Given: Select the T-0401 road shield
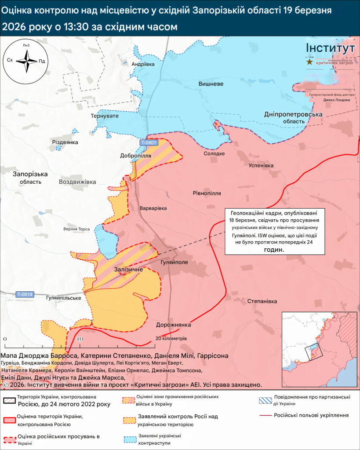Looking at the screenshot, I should tap(149, 143).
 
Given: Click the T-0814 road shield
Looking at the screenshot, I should tap(25, 294).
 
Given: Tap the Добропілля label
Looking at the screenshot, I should tap(136, 156).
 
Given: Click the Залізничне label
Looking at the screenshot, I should tap(128, 269).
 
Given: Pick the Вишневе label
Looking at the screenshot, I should tap(211, 84).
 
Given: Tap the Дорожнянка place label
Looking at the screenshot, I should tap(173, 325).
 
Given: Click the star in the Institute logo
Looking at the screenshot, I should tap(310, 62).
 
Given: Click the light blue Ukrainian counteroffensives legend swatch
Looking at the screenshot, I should tap(128, 439).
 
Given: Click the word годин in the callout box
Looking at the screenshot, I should tap(269, 249).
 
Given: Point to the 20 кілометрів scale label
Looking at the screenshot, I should tap(171, 339).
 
